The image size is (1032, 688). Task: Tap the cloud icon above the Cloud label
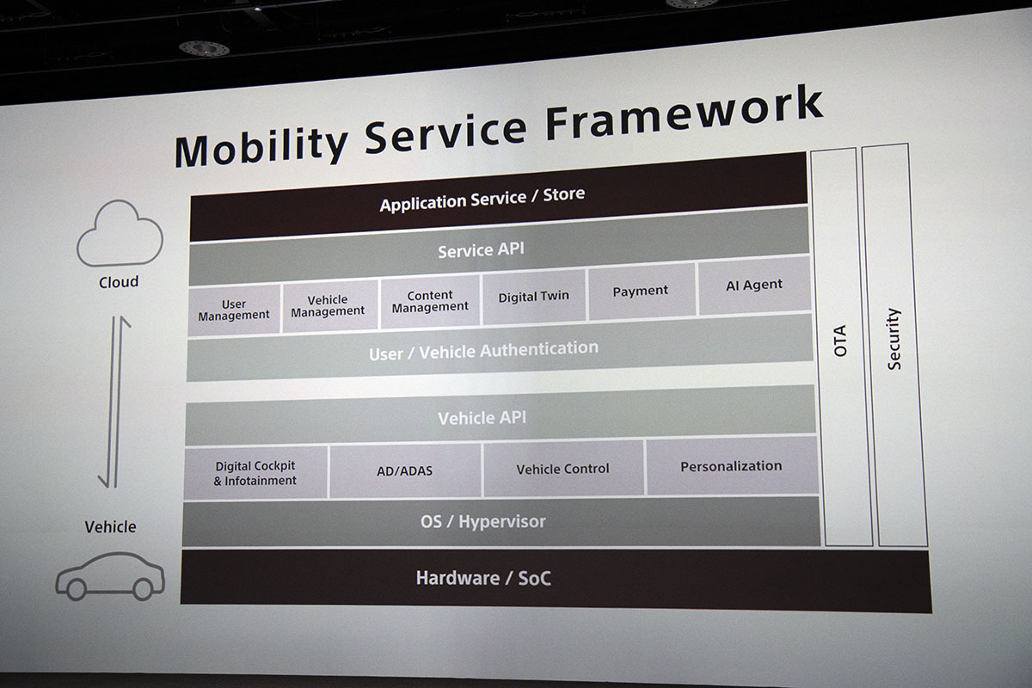[x=120, y=233]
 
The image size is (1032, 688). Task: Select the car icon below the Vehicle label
[x=110, y=576]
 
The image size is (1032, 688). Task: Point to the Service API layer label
[x=481, y=250]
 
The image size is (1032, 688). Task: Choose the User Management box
[x=235, y=310]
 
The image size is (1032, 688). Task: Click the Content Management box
[x=430, y=301]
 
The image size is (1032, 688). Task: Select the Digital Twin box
[x=534, y=297]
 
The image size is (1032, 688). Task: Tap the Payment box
[x=642, y=291]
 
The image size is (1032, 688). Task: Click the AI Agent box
[x=754, y=286]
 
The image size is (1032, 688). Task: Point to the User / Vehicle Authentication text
[x=483, y=351]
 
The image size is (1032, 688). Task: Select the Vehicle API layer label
[x=482, y=418]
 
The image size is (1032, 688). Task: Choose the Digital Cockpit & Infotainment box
[x=255, y=473]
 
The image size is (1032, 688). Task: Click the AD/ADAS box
[x=405, y=470]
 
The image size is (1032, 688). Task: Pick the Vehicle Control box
[x=563, y=469]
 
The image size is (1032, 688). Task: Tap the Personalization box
[x=732, y=466]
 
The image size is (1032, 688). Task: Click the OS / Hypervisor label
[x=482, y=522]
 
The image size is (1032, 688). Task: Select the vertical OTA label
[x=841, y=341]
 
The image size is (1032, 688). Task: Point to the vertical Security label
[x=894, y=339]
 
